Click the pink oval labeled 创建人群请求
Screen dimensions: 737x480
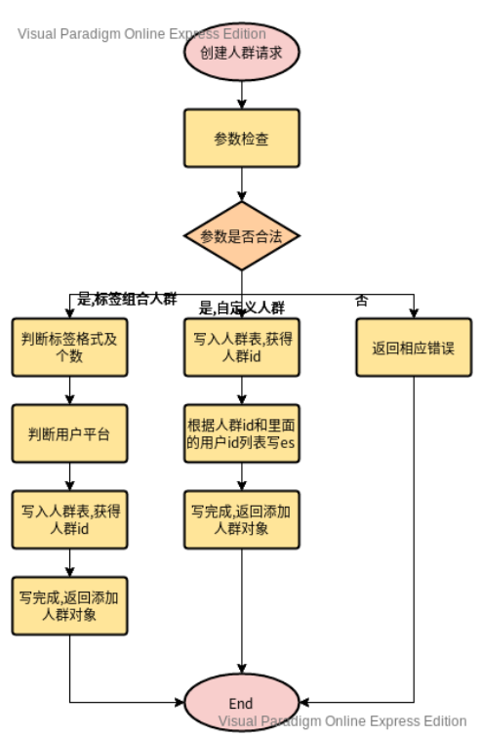(x=241, y=53)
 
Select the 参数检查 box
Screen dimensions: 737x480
(x=241, y=138)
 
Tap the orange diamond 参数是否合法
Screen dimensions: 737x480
(x=241, y=236)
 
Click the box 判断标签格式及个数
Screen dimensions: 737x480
(x=69, y=347)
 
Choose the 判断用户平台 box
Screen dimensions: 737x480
(x=69, y=433)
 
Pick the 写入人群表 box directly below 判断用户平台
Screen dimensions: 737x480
(x=69, y=519)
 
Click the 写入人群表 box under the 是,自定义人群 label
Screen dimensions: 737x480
(x=241, y=347)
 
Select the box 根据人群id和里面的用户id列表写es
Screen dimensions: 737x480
(x=241, y=433)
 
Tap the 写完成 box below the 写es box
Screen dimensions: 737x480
(x=241, y=519)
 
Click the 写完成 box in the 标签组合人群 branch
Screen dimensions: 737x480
(x=69, y=604)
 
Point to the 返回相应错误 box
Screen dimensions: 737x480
(x=414, y=348)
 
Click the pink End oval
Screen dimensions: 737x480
(x=241, y=703)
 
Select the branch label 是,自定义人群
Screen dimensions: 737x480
(x=242, y=308)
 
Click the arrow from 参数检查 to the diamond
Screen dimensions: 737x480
(x=241, y=184)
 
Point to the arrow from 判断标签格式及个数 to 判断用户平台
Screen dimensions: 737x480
(x=69, y=390)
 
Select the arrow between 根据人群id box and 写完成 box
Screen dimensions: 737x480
(x=241, y=476)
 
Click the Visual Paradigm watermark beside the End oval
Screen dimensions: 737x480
(x=341, y=721)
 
